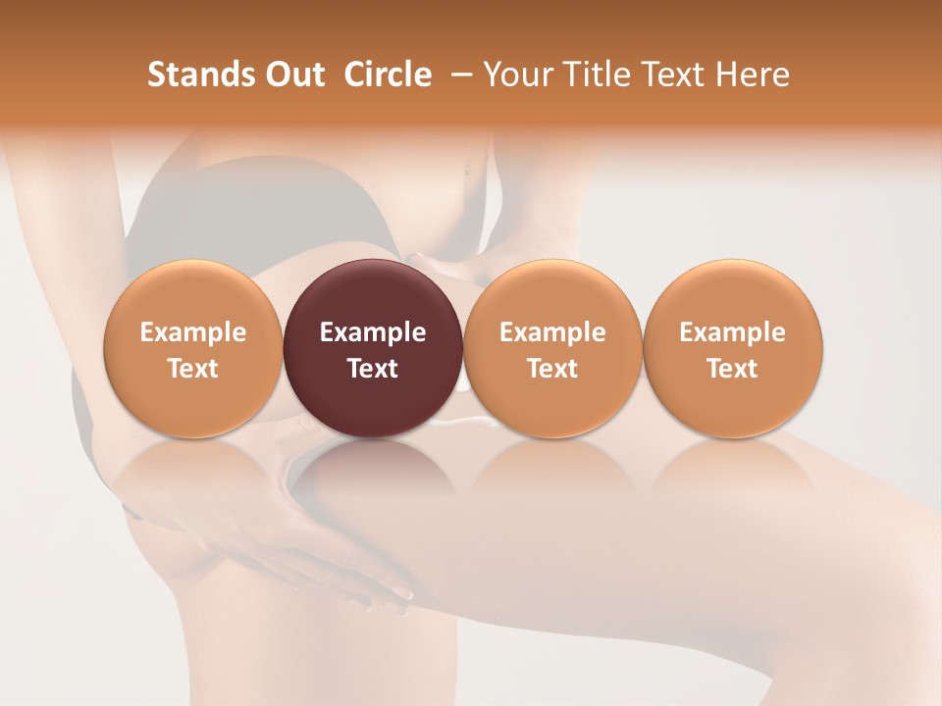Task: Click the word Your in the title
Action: [514, 75]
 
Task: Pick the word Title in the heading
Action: [589, 75]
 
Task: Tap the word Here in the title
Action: [754, 75]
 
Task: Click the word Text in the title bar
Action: [673, 75]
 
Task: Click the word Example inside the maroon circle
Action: [373, 332]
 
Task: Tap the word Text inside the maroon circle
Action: [373, 369]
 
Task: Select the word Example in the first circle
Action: [192, 332]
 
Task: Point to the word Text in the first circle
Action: [192, 369]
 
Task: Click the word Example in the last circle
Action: [732, 332]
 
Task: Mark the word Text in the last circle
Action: [732, 369]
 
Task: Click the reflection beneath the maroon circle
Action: [373, 466]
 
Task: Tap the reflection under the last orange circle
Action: [732, 466]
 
